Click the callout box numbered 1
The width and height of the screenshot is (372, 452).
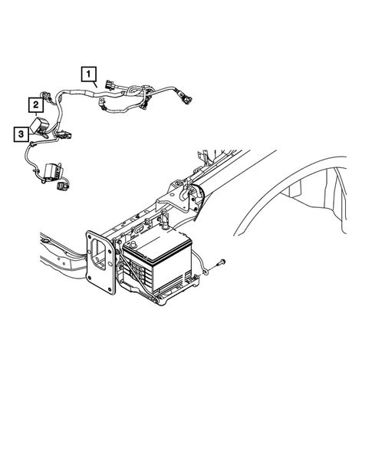91,74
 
